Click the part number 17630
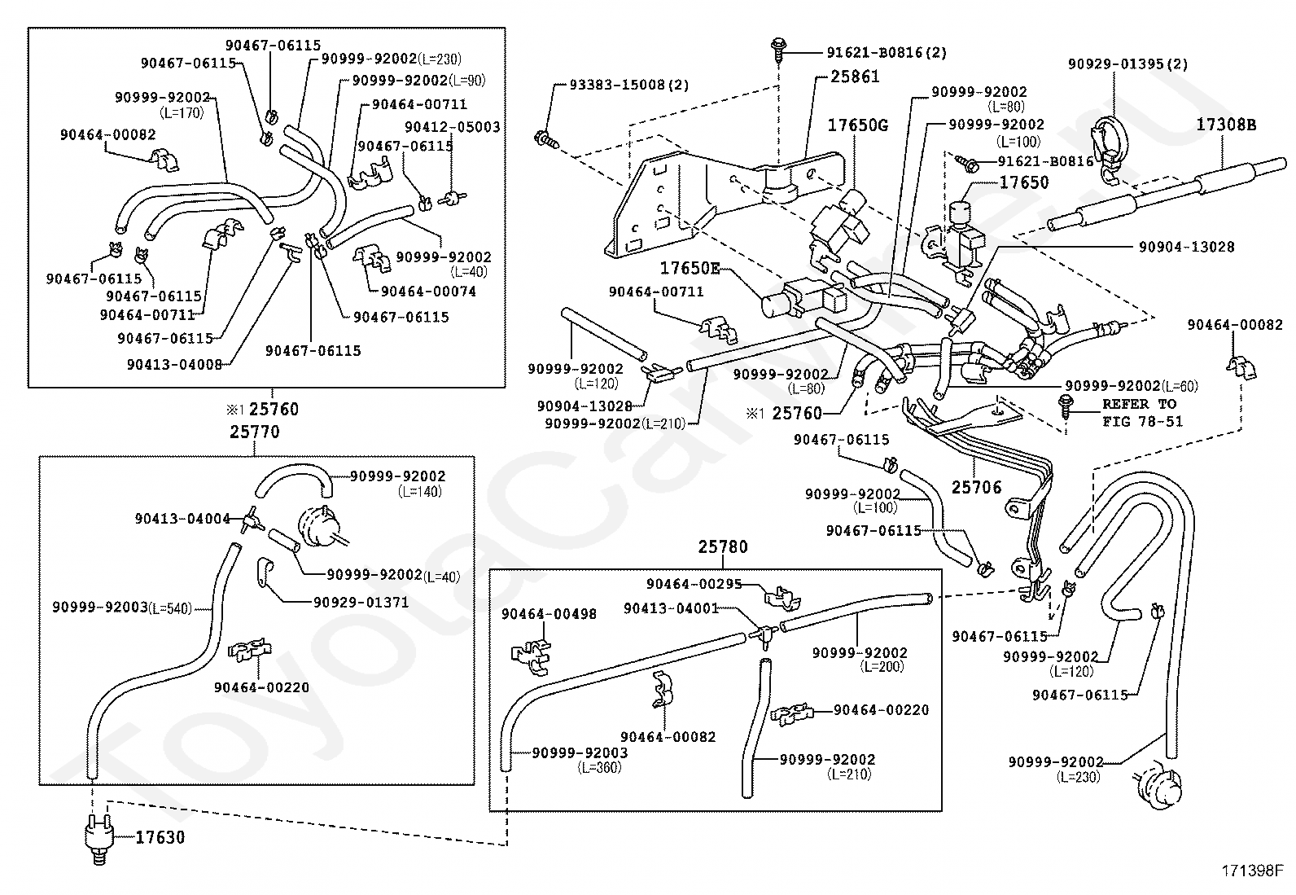pyautogui.click(x=160, y=837)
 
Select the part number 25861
pyautogui.click(x=855, y=77)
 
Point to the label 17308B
pyautogui.click(x=1226, y=125)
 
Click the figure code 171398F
pyautogui.click(x=1252, y=871)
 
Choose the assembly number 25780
pyautogui.click(x=723, y=546)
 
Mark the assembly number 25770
pyautogui.click(x=255, y=432)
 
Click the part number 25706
pyautogui.click(x=977, y=488)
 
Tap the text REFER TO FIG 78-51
pyautogui.click(x=1142, y=413)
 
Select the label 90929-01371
pyautogui.click(x=361, y=603)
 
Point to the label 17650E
pyautogui.click(x=690, y=268)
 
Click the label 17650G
pyautogui.click(x=857, y=125)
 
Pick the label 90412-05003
pyautogui.click(x=453, y=127)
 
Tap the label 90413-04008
pyautogui.click(x=175, y=364)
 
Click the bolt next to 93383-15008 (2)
pyautogui.click(x=546, y=138)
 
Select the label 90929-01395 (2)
pyautogui.click(x=1127, y=64)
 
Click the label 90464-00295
pyautogui.click(x=694, y=584)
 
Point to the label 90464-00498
pyautogui.click(x=549, y=614)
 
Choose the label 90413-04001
pyautogui.click(x=671, y=608)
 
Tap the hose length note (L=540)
pyautogui.click(x=170, y=608)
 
